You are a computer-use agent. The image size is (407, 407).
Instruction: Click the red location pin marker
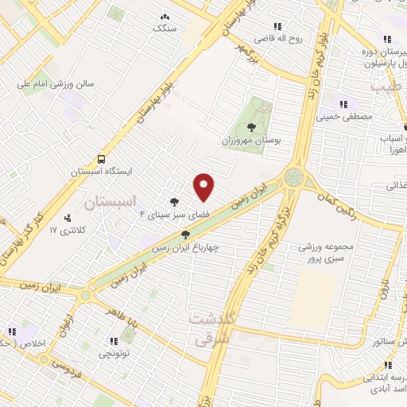coord(204,187)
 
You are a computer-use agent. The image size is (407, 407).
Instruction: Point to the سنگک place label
coord(165,28)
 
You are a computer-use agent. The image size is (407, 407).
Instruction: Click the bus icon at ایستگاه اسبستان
coord(100,158)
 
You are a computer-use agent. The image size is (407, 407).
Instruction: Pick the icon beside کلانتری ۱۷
coord(68,217)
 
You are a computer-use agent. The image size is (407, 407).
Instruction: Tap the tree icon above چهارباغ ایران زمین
coord(185,235)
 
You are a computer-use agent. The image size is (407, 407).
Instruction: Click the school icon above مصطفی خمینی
coord(345,103)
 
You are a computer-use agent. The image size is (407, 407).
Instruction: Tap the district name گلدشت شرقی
coord(212,325)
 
